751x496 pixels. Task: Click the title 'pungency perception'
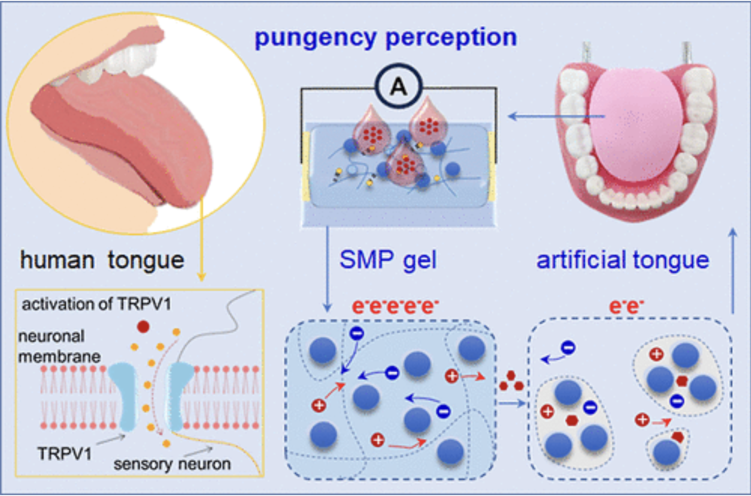pyautogui.click(x=386, y=37)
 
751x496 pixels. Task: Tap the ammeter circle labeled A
pyautogui.click(x=398, y=86)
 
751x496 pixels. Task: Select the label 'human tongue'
pyautogui.click(x=102, y=260)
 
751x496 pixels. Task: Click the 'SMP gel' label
pyautogui.click(x=388, y=260)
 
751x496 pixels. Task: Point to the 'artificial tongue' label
pyautogui.click(x=622, y=260)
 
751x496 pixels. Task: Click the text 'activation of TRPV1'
pyautogui.click(x=97, y=304)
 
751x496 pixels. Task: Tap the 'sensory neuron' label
pyautogui.click(x=172, y=464)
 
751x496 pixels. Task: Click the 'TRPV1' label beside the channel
pyautogui.click(x=64, y=454)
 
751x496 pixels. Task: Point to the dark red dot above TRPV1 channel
pyautogui.click(x=143, y=327)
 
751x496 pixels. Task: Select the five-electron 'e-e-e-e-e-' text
pyautogui.click(x=395, y=306)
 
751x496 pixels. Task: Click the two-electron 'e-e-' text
pyautogui.click(x=626, y=306)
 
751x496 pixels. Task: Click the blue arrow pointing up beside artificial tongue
pyautogui.click(x=733, y=270)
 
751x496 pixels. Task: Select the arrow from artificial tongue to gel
pyautogui.click(x=555, y=116)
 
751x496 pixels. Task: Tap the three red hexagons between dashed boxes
pyautogui.click(x=511, y=381)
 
